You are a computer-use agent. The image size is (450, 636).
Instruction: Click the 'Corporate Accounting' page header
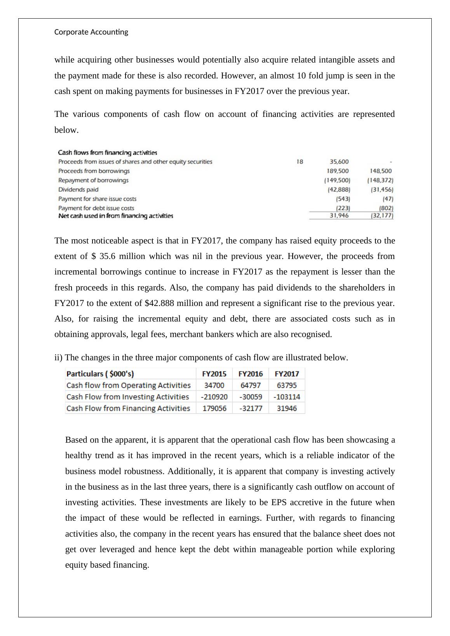(x=91, y=32)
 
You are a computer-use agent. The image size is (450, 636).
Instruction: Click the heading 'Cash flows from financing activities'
(x=108, y=153)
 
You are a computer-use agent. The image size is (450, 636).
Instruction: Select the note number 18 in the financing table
(x=299, y=162)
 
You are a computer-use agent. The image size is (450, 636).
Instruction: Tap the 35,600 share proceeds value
(x=339, y=162)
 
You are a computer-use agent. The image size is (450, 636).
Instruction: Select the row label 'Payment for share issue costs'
(x=97, y=199)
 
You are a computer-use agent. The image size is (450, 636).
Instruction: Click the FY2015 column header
(x=214, y=374)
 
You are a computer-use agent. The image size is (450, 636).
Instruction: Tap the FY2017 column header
(x=287, y=374)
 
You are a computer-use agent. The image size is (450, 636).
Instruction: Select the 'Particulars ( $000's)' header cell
(x=100, y=374)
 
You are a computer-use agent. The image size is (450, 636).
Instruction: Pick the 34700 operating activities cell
(x=214, y=385)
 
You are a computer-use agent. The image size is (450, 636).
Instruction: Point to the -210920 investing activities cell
(x=214, y=397)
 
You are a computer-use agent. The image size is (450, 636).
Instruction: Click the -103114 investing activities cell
(x=287, y=397)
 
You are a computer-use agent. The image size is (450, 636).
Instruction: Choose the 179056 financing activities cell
(x=214, y=408)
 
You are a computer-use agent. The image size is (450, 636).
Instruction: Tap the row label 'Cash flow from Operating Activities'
(x=129, y=385)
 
